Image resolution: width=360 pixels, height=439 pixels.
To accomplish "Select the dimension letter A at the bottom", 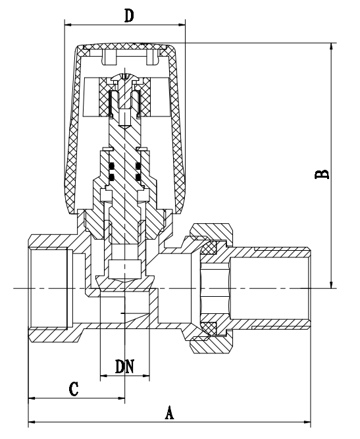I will coord(169,413).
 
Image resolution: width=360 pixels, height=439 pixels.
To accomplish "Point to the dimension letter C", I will coord(75,388).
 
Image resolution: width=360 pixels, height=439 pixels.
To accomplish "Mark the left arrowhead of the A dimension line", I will coord(31,422).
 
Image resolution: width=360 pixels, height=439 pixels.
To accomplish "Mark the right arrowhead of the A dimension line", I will coord(309,422).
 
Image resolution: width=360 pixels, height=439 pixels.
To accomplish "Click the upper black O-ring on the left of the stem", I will coord(111,165).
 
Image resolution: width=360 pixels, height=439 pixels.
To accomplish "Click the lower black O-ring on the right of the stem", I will coord(139,176).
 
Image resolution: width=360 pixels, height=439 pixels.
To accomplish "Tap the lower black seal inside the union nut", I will coord(210,326).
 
